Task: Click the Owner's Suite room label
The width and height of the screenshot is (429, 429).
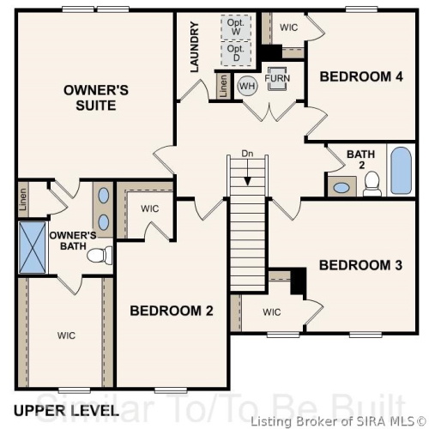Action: (96, 98)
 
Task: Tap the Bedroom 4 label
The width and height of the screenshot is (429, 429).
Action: (361, 76)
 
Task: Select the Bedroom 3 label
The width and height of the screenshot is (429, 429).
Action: (360, 265)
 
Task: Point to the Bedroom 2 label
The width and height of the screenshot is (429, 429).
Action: (172, 311)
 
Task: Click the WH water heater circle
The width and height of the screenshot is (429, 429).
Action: (247, 86)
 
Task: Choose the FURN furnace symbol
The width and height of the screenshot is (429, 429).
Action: (277, 78)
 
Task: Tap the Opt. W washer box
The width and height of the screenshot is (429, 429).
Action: (236, 27)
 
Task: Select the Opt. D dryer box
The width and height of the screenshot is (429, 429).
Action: (236, 53)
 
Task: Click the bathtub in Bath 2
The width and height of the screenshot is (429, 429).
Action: (401, 171)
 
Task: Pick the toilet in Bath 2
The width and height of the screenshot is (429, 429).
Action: (372, 184)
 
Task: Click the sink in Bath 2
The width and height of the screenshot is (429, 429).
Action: (341, 188)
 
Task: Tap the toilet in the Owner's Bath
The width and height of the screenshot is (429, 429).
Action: (100, 255)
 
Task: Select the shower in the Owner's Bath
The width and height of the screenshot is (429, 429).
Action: (33, 247)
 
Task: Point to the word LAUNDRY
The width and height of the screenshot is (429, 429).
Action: (194, 47)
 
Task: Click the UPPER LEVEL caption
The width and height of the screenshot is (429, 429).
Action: (66, 411)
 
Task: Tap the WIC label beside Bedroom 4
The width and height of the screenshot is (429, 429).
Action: (288, 27)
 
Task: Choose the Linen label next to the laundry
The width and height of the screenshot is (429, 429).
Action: (223, 86)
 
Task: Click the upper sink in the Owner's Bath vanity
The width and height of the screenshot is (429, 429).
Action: (103, 196)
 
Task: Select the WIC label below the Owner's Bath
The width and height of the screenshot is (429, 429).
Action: (66, 335)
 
